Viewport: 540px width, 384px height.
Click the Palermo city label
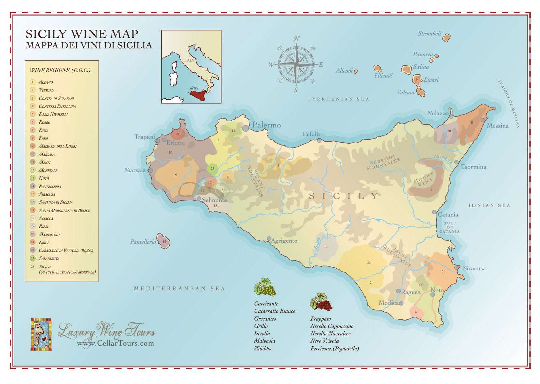coord(266,125)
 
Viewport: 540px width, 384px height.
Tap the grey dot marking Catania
coord(434,212)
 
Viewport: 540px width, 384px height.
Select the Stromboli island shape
coord(446,37)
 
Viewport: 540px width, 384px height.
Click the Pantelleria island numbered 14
coord(164,241)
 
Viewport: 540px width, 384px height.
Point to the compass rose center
coord(296,64)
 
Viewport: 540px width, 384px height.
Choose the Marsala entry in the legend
coord(47,154)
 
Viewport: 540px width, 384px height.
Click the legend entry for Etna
coord(44,130)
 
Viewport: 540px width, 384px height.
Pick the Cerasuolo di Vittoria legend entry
coord(66,251)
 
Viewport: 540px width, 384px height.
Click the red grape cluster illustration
coord(321,302)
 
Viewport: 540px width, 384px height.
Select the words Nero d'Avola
coord(325,341)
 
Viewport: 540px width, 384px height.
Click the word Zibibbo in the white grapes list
coord(263,348)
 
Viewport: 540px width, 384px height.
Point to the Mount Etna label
coord(424,179)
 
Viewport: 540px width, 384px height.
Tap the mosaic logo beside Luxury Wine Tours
coord(41,334)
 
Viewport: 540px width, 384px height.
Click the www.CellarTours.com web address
coord(115,343)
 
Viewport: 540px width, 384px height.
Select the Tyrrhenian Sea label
coord(338,99)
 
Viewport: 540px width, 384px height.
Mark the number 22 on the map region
coord(368,263)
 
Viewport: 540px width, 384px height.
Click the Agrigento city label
coord(284,241)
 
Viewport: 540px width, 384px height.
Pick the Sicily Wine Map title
coord(82,34)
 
